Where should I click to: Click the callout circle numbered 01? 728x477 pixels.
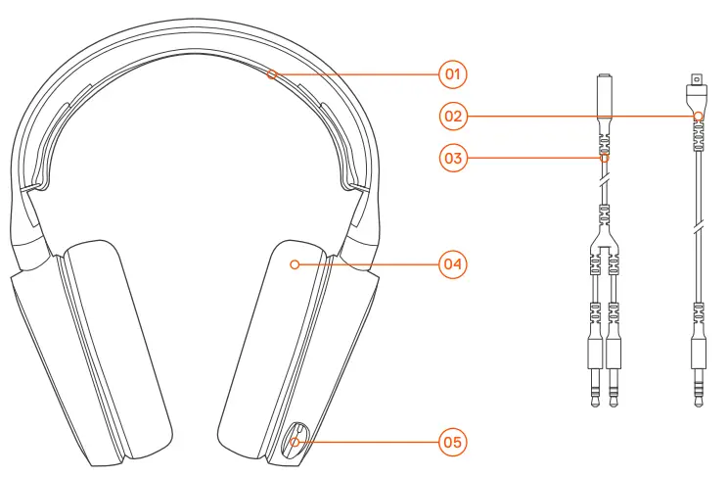pyautogui.click(x=452, y=73)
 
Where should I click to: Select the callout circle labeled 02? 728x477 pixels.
pyautogui.click(x=452, y=116)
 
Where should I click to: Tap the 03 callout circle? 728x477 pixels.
pyautogui.click(x=452, y=157)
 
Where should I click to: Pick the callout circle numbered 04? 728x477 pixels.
pyautogui.click(x=452, y=263)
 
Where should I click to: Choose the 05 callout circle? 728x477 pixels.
pyautogui.click(x=452, y=442)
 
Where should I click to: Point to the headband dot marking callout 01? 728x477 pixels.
pyautogui.click(x=275, y=73)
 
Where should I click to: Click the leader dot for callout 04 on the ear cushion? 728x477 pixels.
pyautogui.click(x=296, y=263)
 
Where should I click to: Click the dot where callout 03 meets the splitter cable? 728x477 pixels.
pyautogui.click(x=605, y=157)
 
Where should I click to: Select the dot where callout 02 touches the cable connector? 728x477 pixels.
pyautogui.click(x=698, y=116)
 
